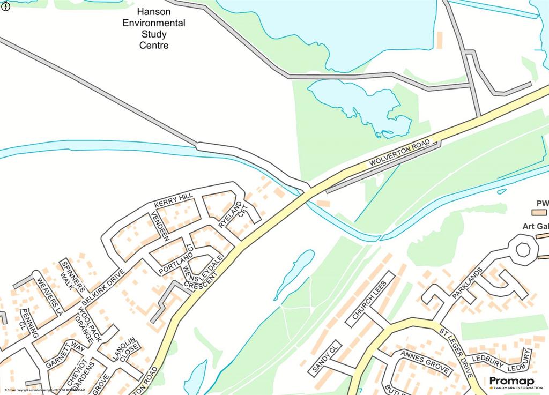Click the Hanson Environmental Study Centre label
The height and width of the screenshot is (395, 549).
(154, 28)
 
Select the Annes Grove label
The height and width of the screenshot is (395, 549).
(420, 360)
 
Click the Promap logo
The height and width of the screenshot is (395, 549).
(508, 381)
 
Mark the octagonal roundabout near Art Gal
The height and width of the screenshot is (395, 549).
(523, 250)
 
